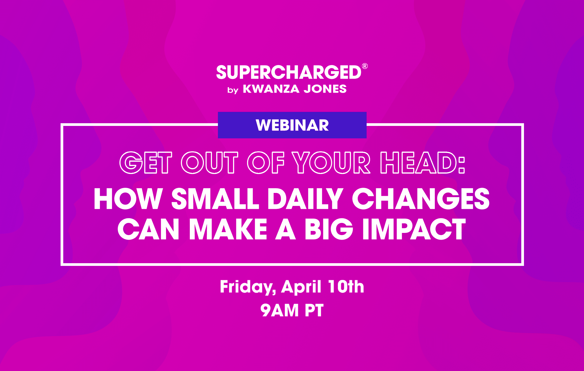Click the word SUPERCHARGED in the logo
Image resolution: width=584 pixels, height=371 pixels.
pyautogui.click(x=289, y=72)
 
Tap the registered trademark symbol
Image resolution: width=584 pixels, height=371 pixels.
pyautogui.click(x=365, y=66)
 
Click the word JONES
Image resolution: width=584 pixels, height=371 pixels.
pyautogui.click(x=325, y=89)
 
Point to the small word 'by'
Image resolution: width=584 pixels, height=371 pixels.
pyautogui.click(x=233, y=90)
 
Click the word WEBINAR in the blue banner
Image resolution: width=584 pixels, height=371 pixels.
pyautogui.click(x=292, y=125)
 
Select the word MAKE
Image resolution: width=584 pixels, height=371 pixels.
pyautogui.click(x=228, y=229)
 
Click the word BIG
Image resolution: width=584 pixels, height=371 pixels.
pyautogui.click(x=329, y=229)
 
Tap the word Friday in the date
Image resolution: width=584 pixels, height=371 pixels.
pyautogui.click(x=248, y=287)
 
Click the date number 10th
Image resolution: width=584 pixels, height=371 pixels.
pyautogui.click(x=346, y=286)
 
